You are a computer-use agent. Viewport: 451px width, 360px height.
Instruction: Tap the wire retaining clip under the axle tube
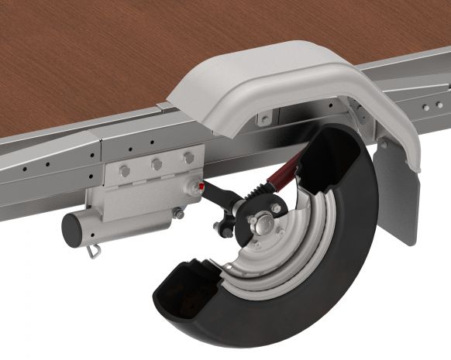tap(93, 250)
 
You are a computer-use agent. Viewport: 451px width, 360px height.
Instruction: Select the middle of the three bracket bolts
tap(157, 164)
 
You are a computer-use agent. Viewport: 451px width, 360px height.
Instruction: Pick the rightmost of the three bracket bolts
tap(188, 158)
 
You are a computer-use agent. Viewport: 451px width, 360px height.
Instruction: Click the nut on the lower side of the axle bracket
tap(179, 213)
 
